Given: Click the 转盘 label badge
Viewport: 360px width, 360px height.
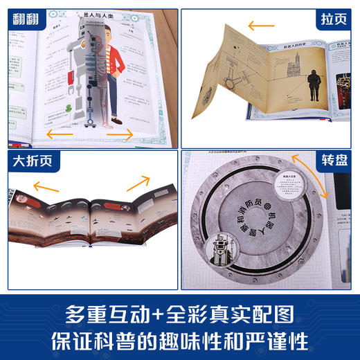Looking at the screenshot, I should [x=334, y=163].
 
